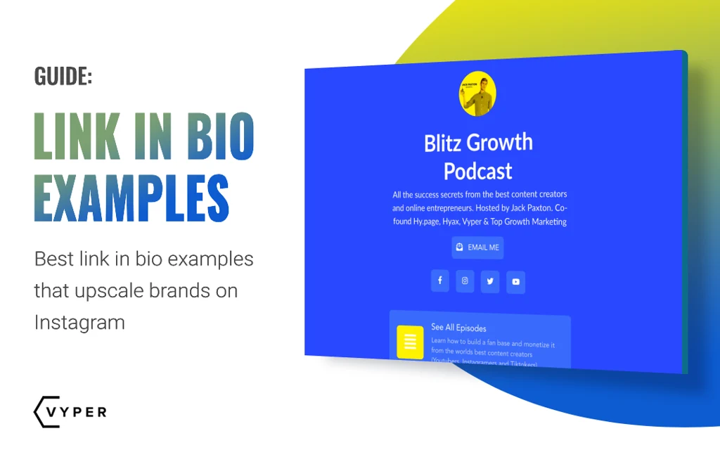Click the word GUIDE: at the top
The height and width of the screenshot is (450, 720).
[x=63, y=76]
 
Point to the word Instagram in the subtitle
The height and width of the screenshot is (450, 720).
[x=79, y=323]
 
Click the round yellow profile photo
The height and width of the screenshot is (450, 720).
[x=477, y=94]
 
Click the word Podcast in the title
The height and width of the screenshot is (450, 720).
[x=477, y=171]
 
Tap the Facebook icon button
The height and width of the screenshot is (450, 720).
[x=440, y=281]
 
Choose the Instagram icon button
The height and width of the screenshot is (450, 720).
[x=465, y=281]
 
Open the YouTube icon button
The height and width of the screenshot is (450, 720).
[x=515, y=282]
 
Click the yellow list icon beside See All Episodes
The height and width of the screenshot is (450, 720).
[x=410, y=342]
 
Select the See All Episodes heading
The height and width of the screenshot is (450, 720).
[x=458, y=328]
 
